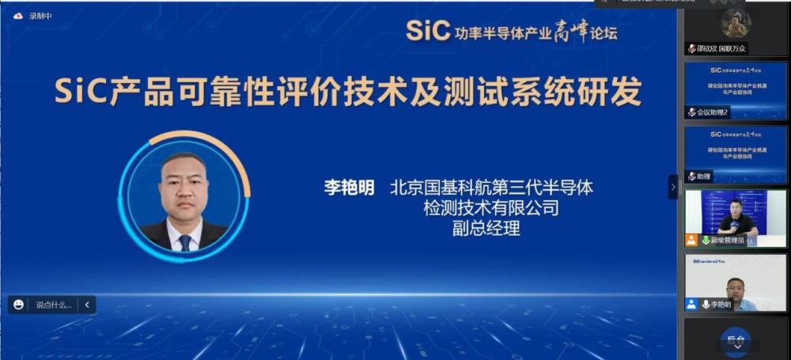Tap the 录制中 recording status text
point(40,15)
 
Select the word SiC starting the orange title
point(80,93)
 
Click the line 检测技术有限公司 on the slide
point(491,209)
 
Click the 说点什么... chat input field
point(53,304)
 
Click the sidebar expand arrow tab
point(673,188)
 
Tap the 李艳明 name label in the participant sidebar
point(720,304)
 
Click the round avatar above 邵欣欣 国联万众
point(736,24)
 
